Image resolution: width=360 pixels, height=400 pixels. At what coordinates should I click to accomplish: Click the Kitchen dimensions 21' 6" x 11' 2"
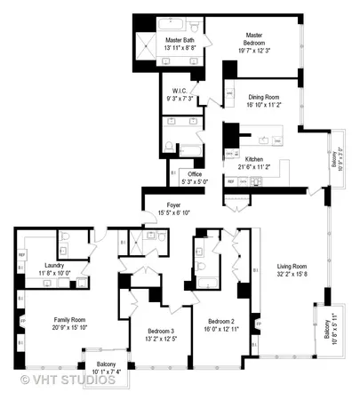[259, 166]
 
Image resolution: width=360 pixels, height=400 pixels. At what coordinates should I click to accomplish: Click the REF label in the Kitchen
[231, 180]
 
